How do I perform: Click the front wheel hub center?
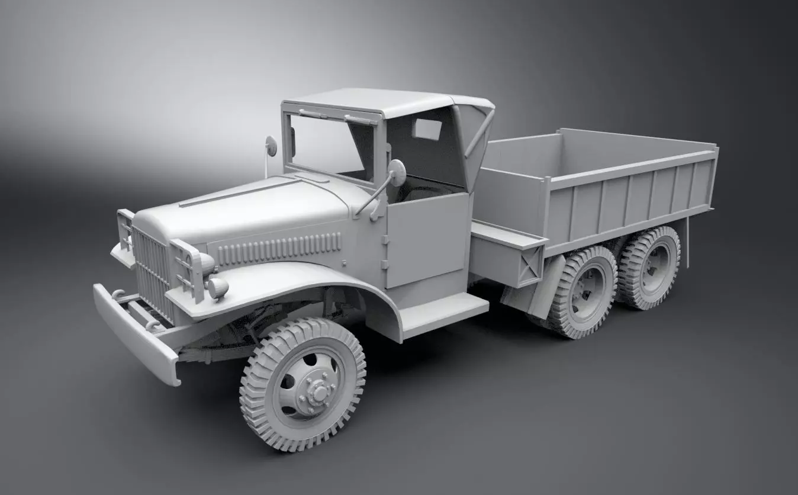point(318,390)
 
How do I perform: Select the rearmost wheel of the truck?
point(651,268)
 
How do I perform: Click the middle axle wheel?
point(583,293)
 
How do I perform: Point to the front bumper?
point(136,332)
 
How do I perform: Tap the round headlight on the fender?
point(218,288)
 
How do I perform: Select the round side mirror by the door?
point(396,172)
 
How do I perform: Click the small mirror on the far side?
point(271,146)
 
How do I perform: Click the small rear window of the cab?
point(427,129)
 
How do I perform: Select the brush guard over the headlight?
point(187,266)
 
